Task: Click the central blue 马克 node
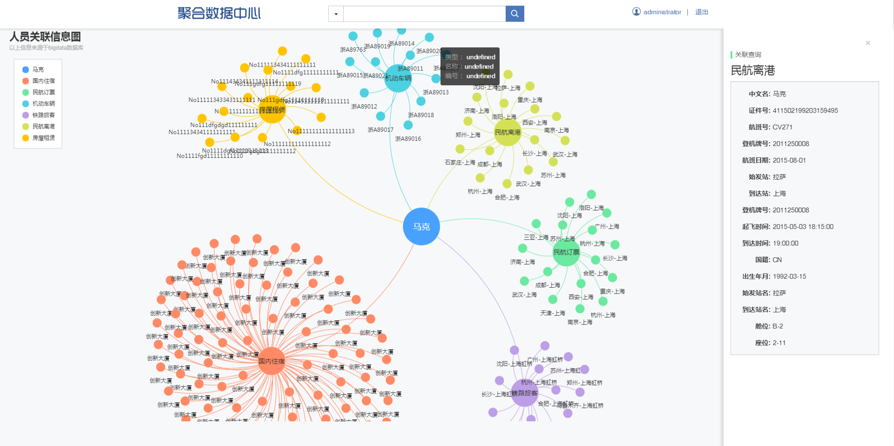coord(421,226)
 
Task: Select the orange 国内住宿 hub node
coord(271,361)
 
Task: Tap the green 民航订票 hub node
coord(566,252)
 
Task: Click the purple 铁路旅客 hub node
coord(525,393)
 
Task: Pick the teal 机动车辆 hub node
coord(398,78)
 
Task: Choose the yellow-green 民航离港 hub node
coord(508,132)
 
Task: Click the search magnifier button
coord(515,14)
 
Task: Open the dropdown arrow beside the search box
coord(336,14)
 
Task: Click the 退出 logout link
coord(701,12)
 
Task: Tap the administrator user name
coord(662,12)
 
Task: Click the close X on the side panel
coord(868,43)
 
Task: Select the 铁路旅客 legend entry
coord(43,115)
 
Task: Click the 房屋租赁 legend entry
coord(43,138)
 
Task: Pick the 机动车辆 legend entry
coord(43,104)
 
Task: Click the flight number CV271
coord(782,127)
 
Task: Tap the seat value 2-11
coord(779,343)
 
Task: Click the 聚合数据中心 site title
coord(219,13)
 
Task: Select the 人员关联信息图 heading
coord(45,36)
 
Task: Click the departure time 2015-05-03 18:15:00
coord(803,227)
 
